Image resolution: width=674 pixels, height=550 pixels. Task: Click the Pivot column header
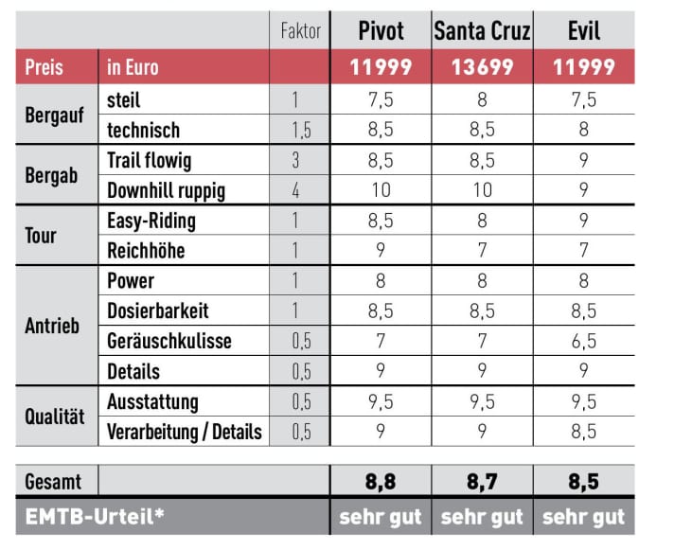coord(381,31)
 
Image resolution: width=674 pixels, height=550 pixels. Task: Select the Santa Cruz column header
coord(482,31)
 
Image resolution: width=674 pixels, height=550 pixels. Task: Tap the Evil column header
coord(583,31)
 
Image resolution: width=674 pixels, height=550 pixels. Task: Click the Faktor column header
coord(301,31)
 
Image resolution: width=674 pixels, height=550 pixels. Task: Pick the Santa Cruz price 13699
coord(482,67)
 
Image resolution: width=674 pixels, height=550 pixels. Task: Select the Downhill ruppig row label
coord(166,190)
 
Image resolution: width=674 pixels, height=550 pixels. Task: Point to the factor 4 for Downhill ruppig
coord(295,190)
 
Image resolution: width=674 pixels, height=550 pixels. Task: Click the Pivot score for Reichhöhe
coord(381,251)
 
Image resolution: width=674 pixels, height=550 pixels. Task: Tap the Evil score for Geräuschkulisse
coord(583,341)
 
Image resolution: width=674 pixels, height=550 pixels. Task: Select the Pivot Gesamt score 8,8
coord(381,481)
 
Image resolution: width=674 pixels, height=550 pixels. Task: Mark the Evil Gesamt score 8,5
coord(583,481)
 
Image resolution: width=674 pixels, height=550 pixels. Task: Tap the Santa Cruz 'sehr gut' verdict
coord(482,517)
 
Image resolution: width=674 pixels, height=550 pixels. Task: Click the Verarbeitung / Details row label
coord(185,432)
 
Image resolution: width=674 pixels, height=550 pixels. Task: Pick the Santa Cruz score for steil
coord(482,99)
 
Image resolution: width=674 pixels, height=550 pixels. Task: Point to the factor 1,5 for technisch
coord(300,130)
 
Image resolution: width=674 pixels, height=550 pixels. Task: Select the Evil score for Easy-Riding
coord(583,221)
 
